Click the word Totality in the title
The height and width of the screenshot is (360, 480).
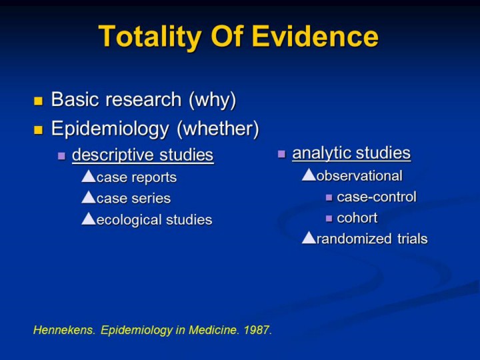click(150, 37)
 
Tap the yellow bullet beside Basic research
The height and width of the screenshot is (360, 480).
click(38, 101)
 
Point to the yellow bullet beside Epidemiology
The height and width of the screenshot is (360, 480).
click(38, 130)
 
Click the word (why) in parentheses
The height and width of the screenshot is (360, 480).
click(213, 100)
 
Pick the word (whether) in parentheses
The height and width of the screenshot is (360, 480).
click(218, 129)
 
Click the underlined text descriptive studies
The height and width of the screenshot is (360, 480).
click(143, 155)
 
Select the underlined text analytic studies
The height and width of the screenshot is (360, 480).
click(351, 153)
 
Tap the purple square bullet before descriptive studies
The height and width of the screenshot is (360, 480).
click(61, 156)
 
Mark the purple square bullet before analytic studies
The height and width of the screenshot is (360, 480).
click(281, 154)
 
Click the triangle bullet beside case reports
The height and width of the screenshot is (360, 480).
click(89, 176)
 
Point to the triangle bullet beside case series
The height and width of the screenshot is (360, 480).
click(89, 197)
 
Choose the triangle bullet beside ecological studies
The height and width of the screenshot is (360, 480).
click(89, 219)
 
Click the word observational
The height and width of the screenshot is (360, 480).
click(359, 176)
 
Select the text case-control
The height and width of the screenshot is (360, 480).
click(377, 197)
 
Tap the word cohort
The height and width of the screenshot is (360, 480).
click(357, 218)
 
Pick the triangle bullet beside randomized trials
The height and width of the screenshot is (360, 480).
click(309, 237)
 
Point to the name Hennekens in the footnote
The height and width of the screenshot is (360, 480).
click(64, 330)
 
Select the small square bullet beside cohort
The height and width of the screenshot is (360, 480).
click(329, 219)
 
